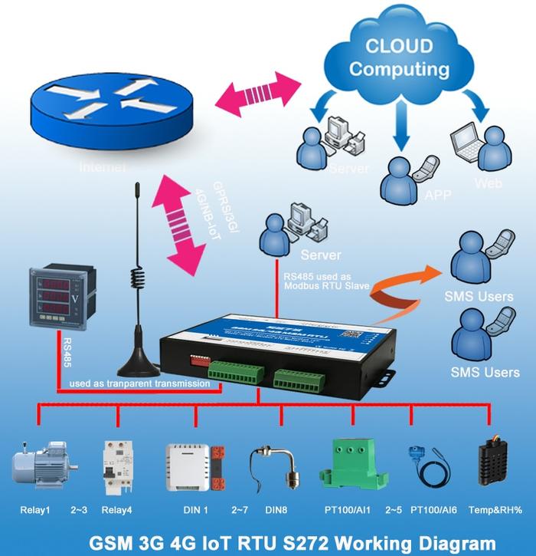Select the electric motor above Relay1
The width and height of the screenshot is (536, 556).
pyautogui.click(x=42, y=465)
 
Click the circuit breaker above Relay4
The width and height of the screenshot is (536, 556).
pyautogui.click(x=118, y=465)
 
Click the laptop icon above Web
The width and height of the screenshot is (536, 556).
pyautogui.click(x=467, y=141)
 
